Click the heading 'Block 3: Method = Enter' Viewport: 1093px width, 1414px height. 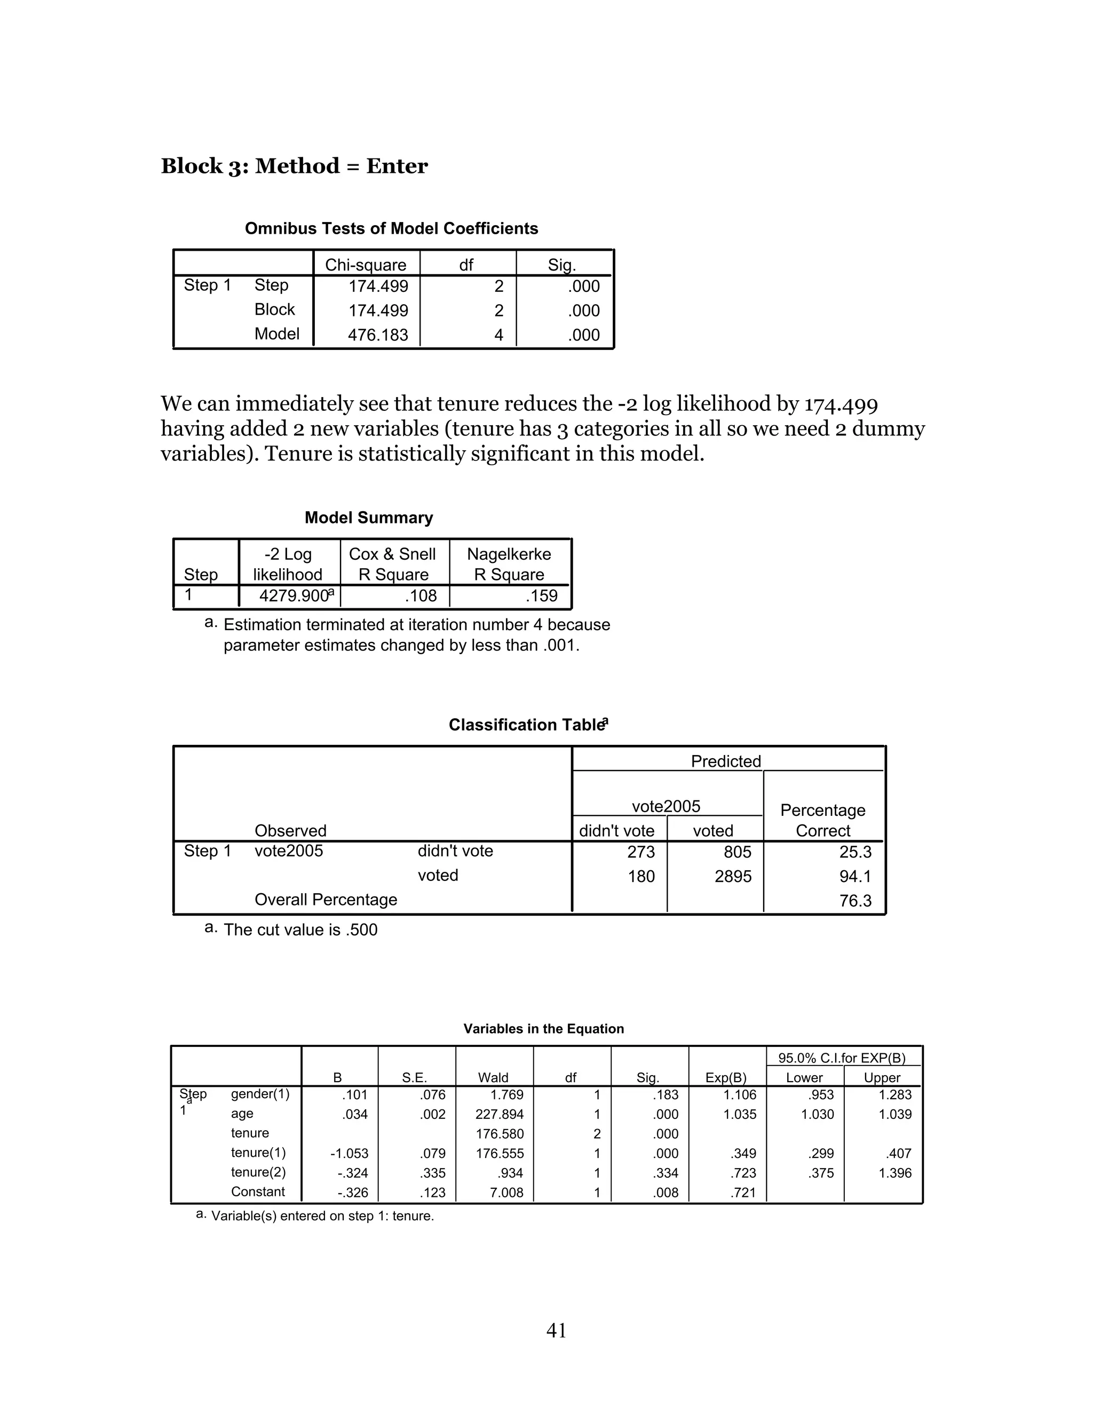click(294, 166)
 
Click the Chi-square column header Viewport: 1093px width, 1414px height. click(365, 265)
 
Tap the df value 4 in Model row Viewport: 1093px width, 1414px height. click(498, 336)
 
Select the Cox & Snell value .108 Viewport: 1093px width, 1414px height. click(421, 595)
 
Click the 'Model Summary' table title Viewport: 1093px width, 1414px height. click(368, 518)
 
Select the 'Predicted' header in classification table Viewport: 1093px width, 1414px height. click(725, 761)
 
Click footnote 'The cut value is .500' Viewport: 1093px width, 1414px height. click(300, 931)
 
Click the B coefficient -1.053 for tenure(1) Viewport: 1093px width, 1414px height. click(349, 1154)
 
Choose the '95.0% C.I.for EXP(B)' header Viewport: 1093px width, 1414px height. click(841, 1059)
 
